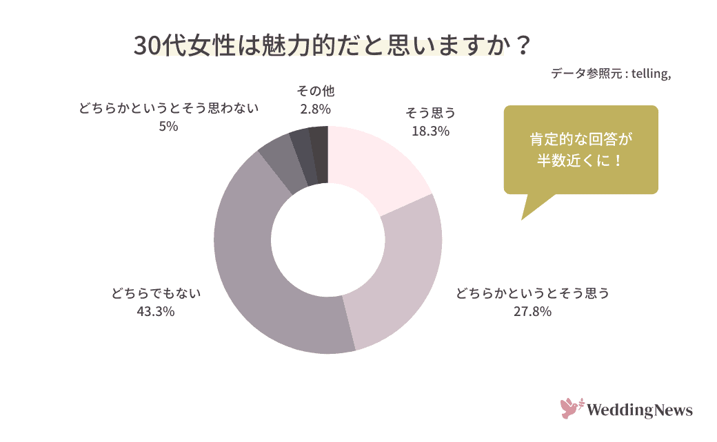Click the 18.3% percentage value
430,130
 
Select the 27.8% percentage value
532,312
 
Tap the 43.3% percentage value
156,312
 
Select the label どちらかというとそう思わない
168,108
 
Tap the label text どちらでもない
156,294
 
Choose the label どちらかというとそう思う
532,294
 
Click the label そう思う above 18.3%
430,113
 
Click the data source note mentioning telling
611,74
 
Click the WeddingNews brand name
639,410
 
